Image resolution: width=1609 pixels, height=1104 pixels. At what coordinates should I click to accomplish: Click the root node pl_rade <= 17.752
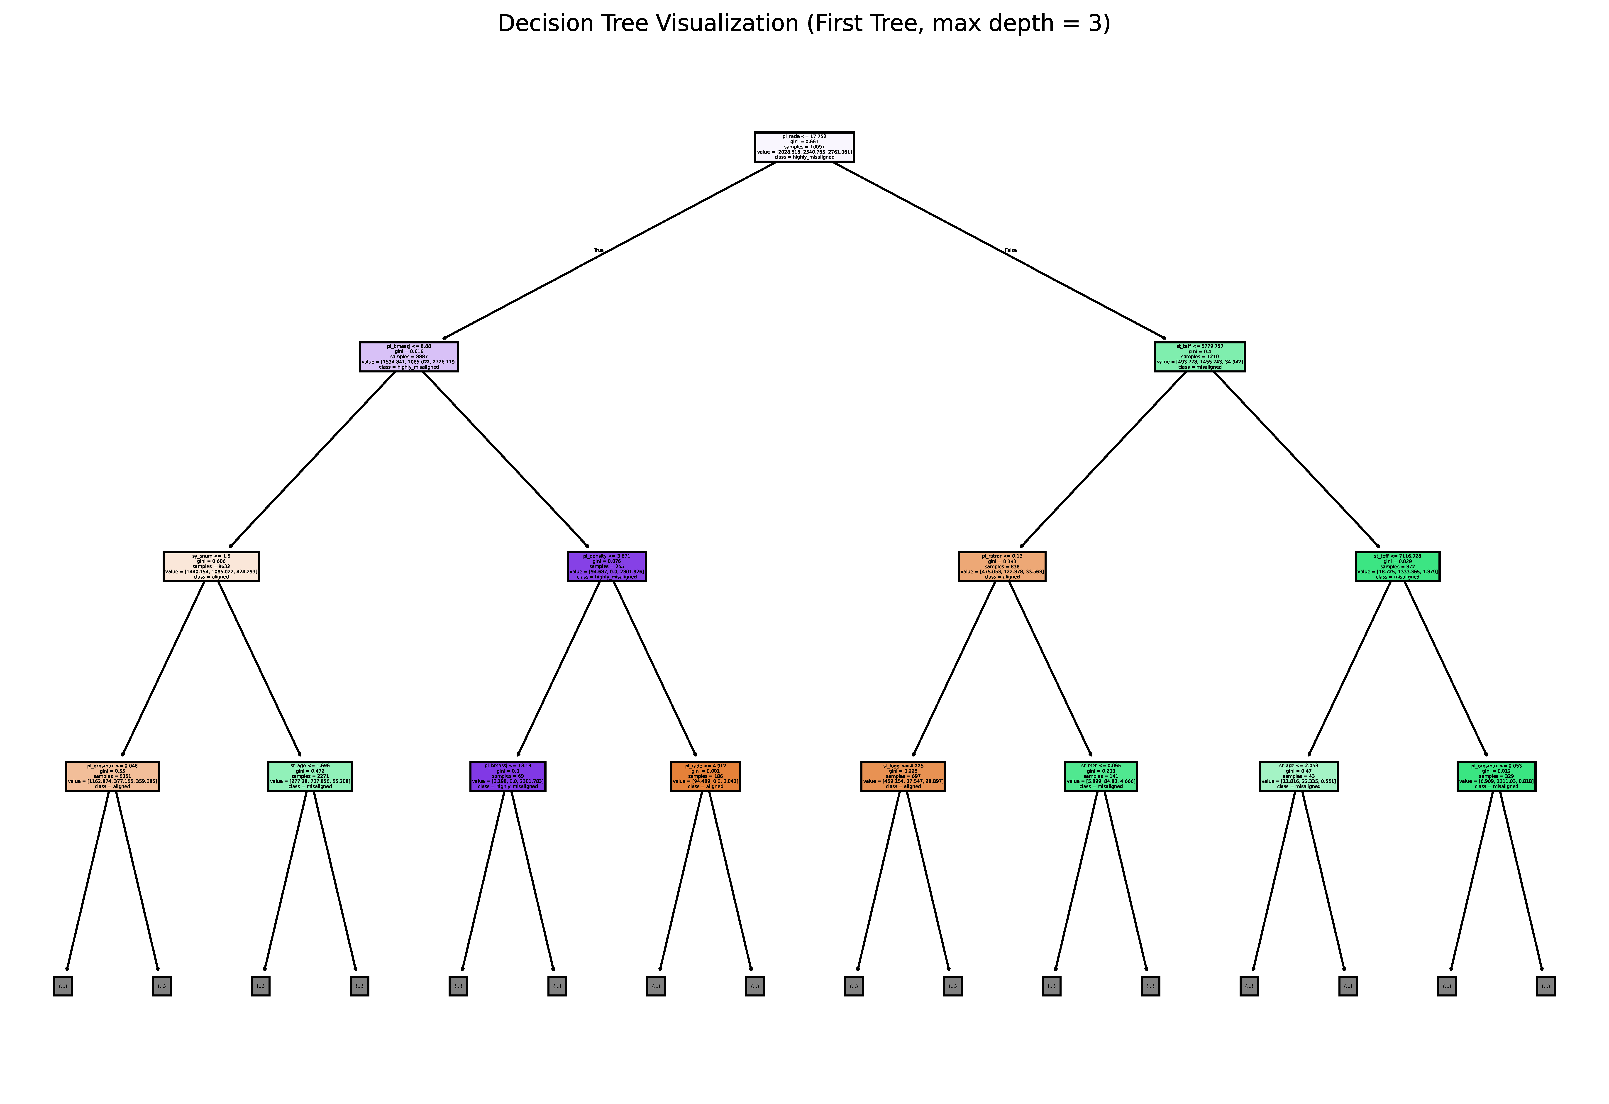[804, 147]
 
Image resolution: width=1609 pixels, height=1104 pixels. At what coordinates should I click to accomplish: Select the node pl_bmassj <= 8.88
[408, 357]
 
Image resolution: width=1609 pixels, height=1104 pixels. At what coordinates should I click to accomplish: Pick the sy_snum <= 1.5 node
[211, 567]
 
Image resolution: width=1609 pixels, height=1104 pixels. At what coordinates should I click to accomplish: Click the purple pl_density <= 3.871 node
[606, 567]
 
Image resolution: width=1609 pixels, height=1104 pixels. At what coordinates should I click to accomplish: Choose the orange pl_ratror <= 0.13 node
[1002, 567]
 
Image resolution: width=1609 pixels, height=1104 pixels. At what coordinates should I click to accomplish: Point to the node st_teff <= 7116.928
[1397, 567]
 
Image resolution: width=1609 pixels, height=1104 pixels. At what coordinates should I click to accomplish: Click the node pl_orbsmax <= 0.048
[112, 776]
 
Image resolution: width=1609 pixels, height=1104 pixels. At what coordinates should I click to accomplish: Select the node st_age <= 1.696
[310, 776]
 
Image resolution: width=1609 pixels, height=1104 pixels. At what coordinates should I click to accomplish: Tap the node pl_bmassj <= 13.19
[508, 776]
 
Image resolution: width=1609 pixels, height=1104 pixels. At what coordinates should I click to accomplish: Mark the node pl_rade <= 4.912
[706, 776]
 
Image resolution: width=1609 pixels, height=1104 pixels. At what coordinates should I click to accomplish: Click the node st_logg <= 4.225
[903, 776]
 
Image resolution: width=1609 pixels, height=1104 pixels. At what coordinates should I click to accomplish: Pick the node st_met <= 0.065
[1100, 776]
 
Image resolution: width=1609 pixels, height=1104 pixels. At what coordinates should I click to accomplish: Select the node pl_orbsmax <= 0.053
[1496, 776]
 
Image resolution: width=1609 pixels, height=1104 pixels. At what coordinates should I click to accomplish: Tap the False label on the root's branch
[1010, 250]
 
